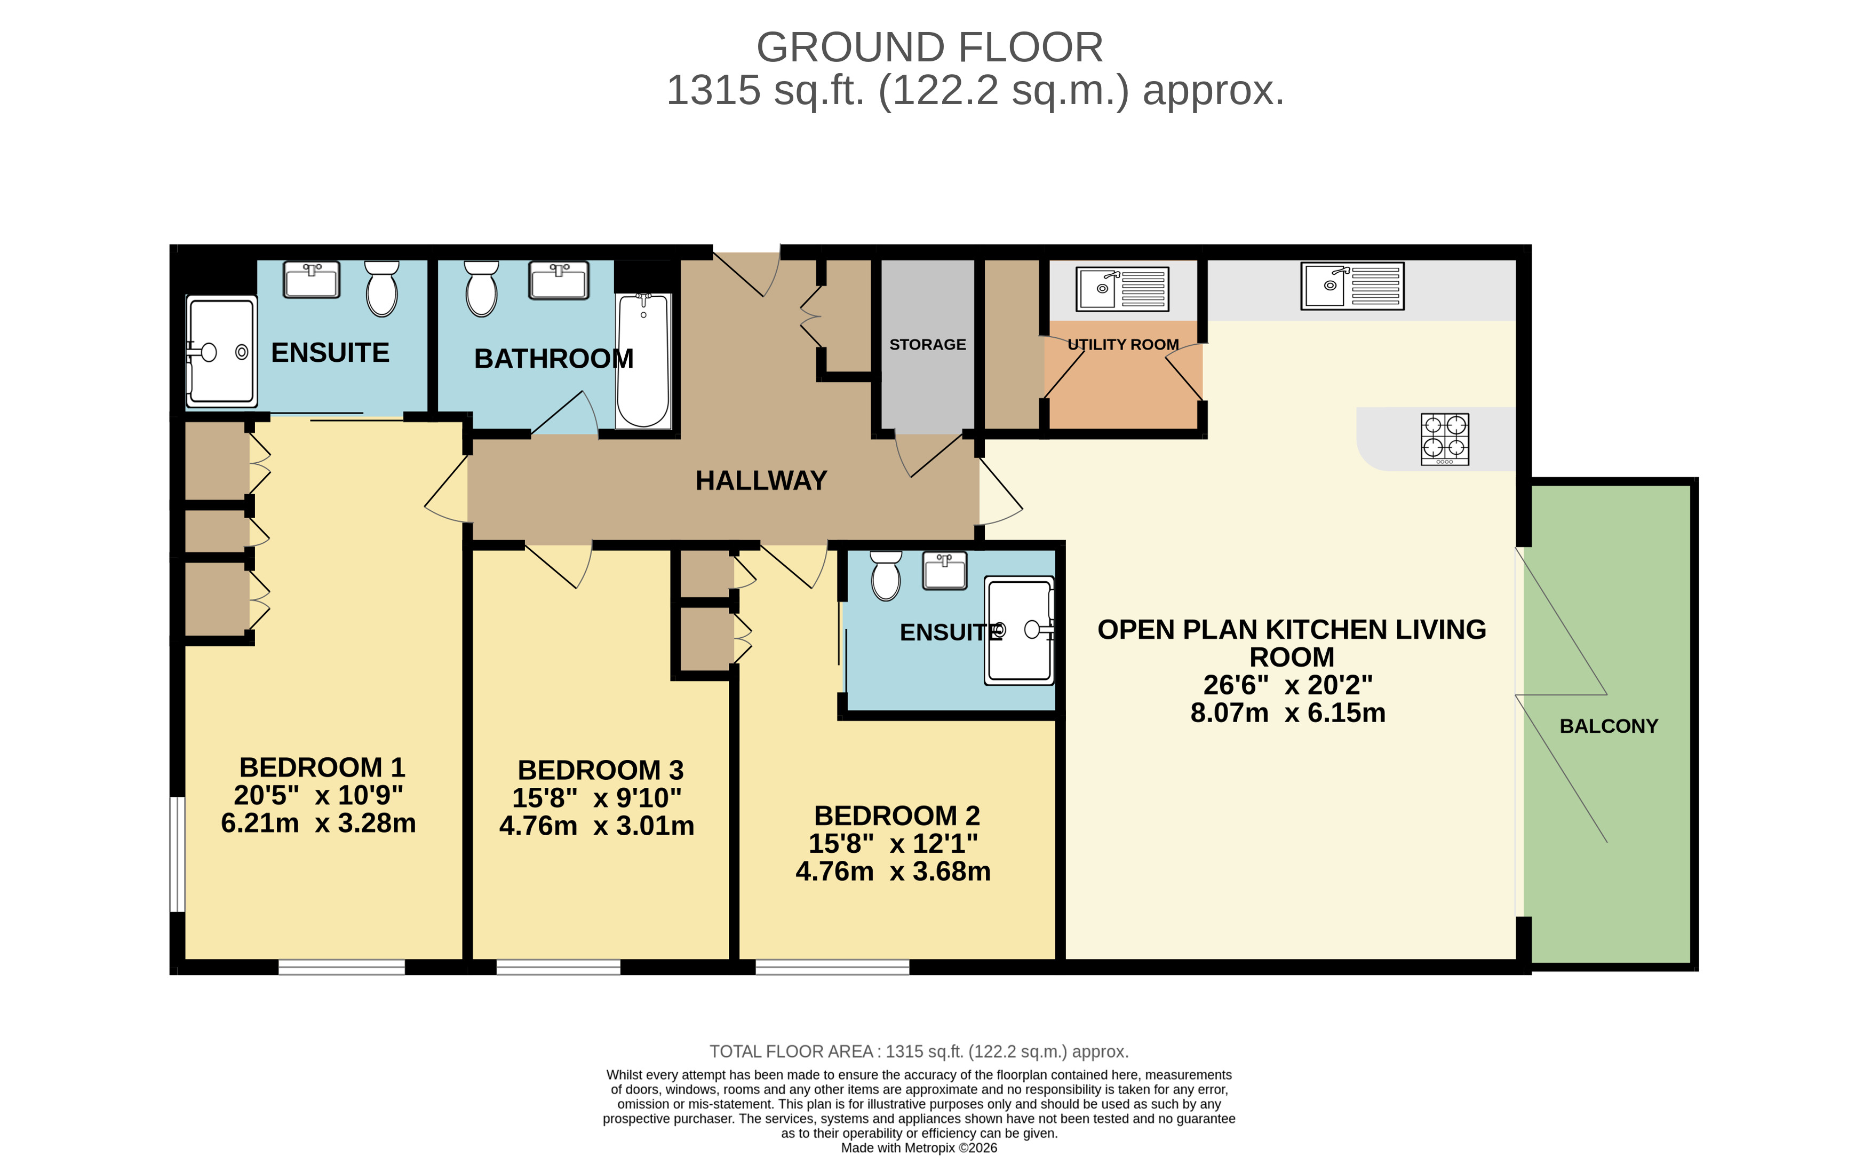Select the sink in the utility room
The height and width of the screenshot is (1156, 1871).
point(1122,288)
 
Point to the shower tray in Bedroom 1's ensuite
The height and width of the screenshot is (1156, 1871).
point(221,352)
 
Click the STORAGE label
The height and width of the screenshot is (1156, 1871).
point(927,345)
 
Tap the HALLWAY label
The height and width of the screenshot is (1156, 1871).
point(760,481)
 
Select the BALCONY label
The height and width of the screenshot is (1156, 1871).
point(1608,726)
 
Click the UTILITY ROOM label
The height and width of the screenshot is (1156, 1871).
point(1122,345)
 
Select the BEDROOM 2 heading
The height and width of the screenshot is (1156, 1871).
point(896,816)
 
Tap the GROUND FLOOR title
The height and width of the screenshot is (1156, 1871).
point(929,47)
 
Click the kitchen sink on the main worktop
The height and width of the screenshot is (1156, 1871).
point(1352,286)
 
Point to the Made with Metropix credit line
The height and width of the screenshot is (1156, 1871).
point(919,1147)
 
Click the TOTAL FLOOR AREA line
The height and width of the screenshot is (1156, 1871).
point(919,1051)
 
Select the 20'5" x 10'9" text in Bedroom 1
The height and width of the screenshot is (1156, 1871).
point(318,796)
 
